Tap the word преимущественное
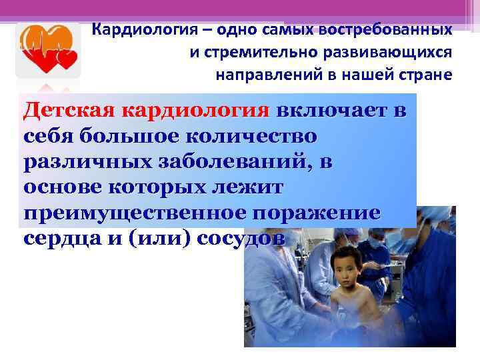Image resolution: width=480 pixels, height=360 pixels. pyautogui.click(x=129, y=213)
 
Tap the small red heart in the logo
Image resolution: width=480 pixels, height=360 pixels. pyautogui.click(x=67, y=61)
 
